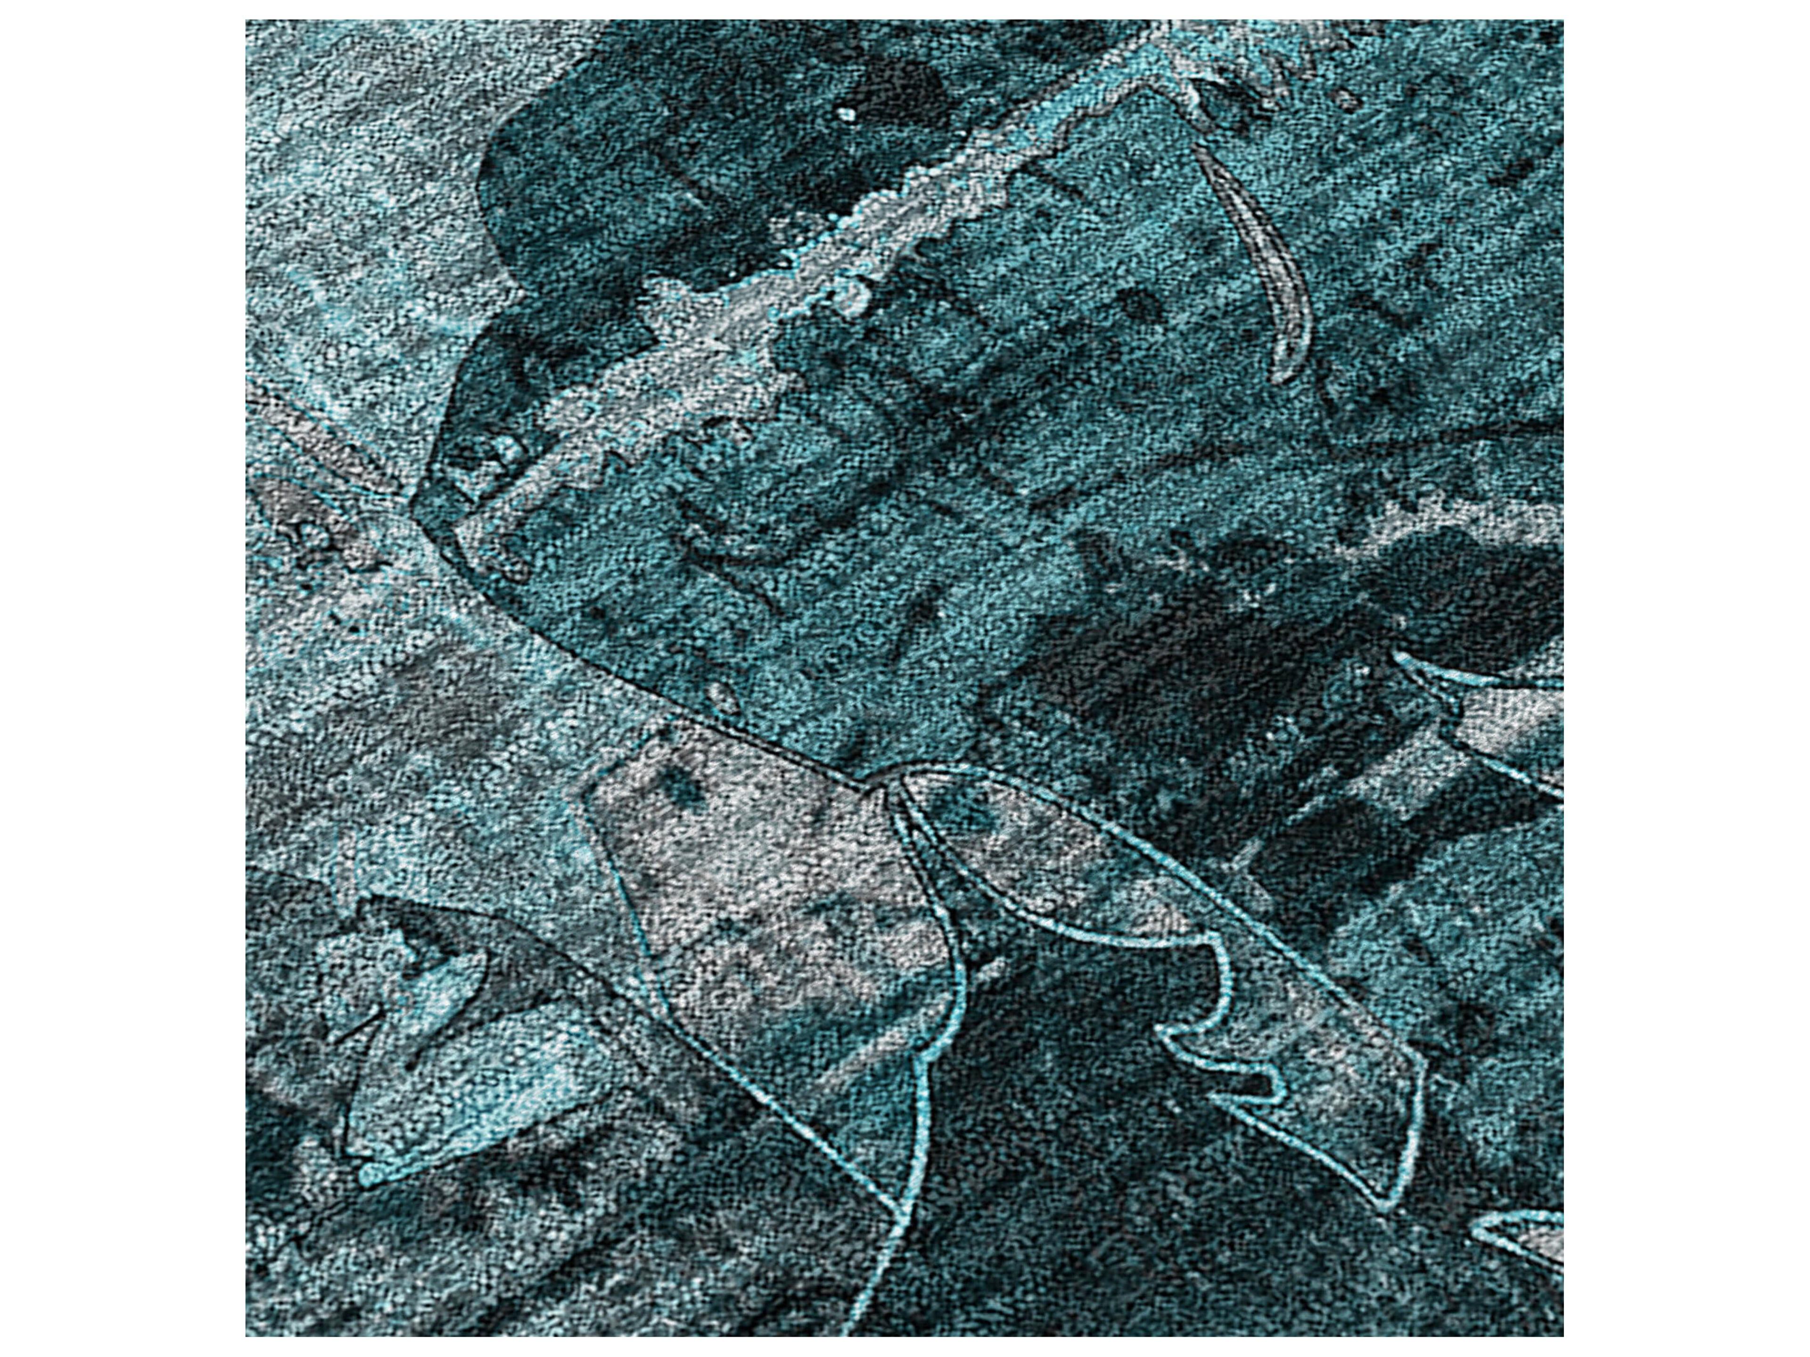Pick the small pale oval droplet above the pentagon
point(720,695)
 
